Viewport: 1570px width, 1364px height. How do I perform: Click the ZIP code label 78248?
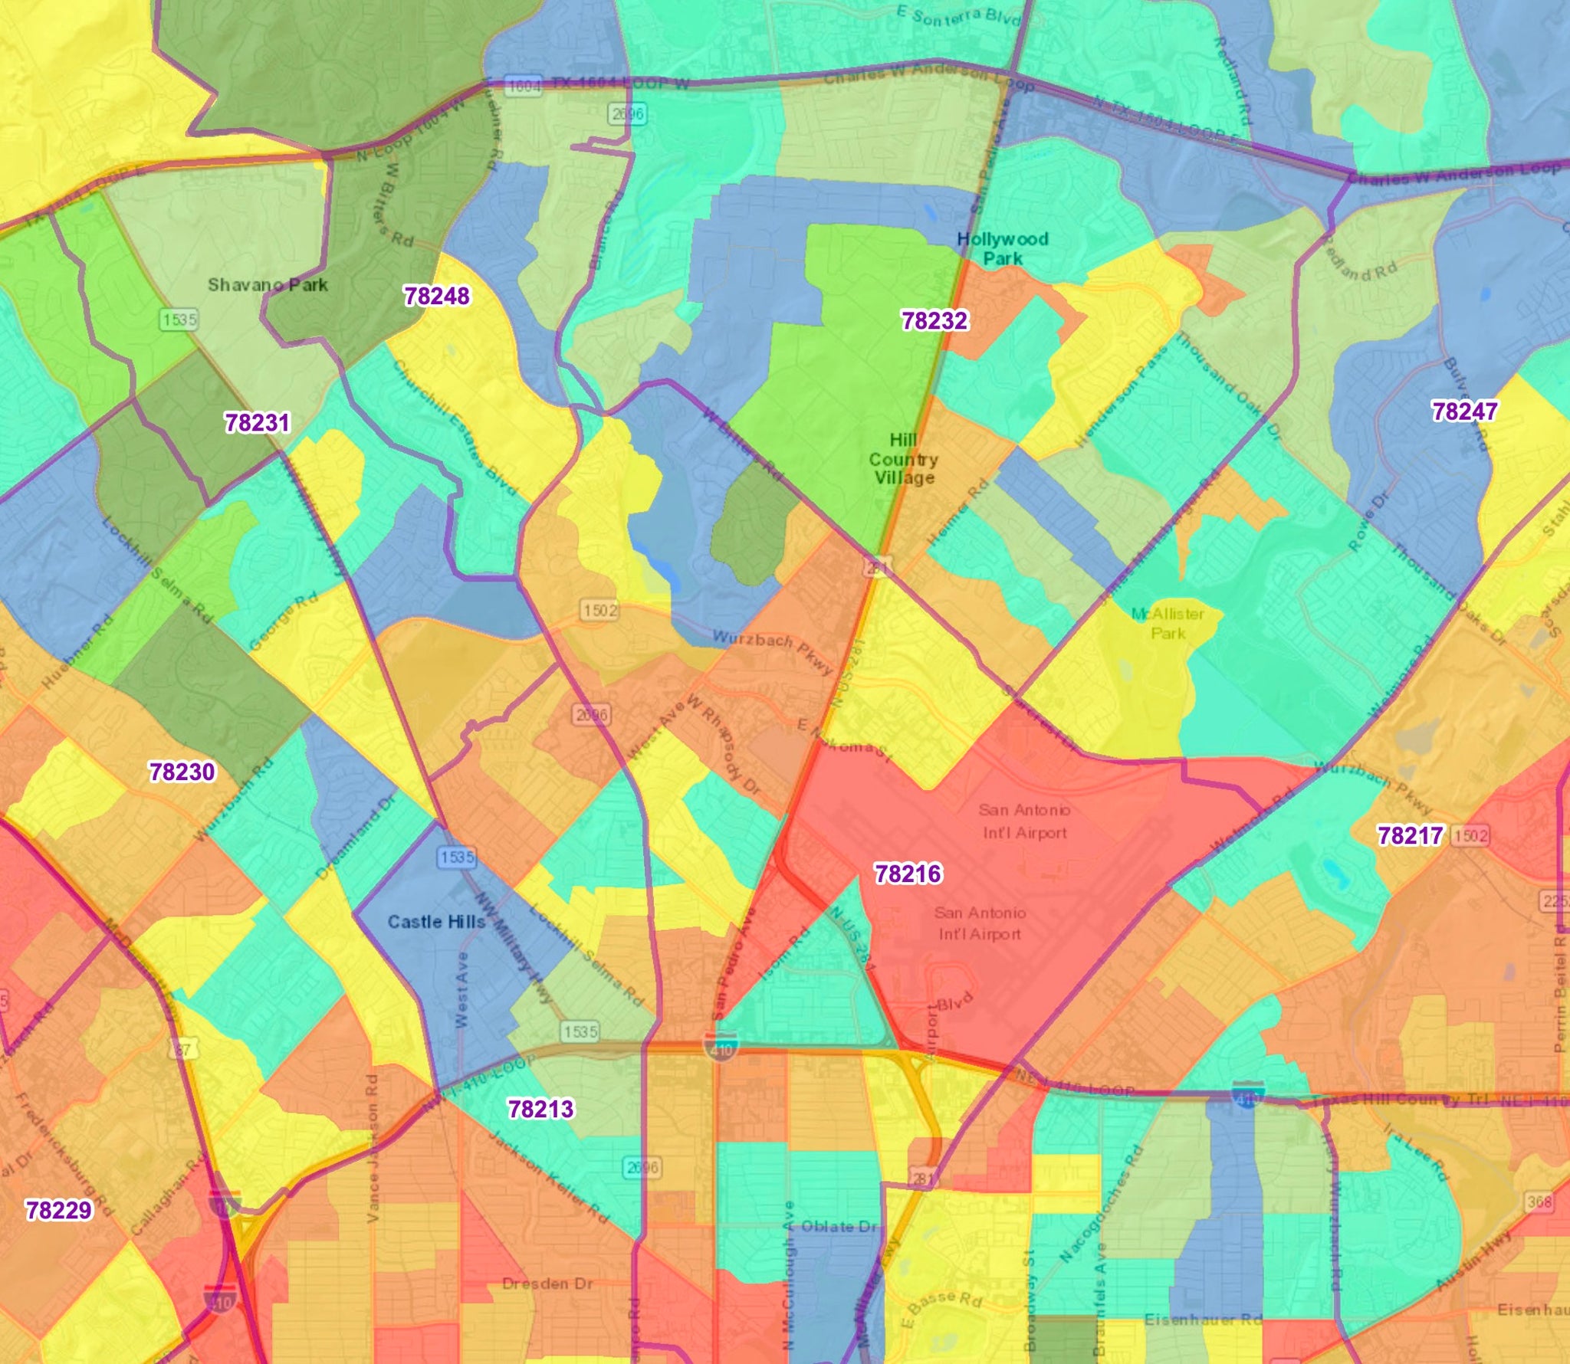pos(436,296)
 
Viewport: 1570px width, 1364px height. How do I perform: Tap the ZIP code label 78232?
pos(934,320)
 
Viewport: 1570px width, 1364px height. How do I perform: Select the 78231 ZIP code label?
pos(257,423)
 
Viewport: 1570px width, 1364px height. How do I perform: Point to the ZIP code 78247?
pos(1464,411)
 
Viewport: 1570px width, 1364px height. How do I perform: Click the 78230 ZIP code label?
pos(182,772)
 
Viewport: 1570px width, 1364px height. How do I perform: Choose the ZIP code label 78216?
pos(908,874)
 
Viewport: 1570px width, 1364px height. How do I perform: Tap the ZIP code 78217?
pos(1410,835)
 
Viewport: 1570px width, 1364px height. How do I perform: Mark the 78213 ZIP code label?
pos(540,1109)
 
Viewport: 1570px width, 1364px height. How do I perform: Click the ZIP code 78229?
pos(58,1210)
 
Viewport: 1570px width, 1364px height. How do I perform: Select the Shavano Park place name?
pos(268,285)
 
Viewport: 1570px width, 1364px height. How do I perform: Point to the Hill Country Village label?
pos(903,458)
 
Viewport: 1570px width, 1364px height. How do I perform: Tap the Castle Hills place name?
pos(436,922)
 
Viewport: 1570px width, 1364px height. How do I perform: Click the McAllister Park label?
pos(1168,623)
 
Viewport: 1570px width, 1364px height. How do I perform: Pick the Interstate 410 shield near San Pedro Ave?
pos(721,1047)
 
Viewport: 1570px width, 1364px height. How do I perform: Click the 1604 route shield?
pos(524,86)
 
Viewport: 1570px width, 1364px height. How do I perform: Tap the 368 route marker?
pos(1539,1202)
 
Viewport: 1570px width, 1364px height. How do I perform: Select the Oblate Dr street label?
pos(838,1227)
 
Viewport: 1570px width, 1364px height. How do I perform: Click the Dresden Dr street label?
pos(547,1284)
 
